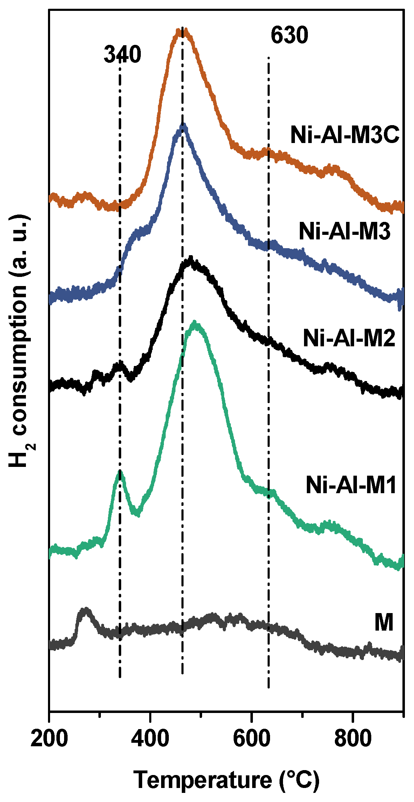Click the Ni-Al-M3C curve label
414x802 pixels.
(x=345, y=135)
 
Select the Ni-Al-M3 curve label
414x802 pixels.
(x=344, y=232)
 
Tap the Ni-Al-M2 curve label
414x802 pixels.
(x=349, y=339)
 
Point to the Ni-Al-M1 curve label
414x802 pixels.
(x=351, y=485)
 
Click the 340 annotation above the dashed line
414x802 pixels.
(x=122, y=55)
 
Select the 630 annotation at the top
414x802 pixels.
(x=289, y=35)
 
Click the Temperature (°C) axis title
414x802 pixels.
(x=227, y=781)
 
